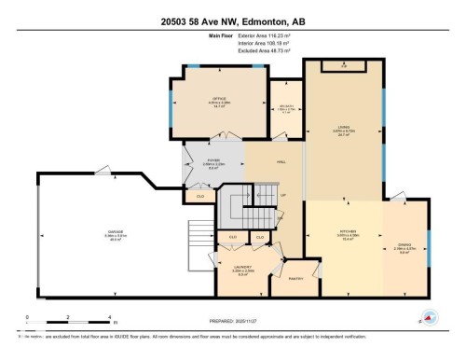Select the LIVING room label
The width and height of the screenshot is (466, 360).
[342, 130]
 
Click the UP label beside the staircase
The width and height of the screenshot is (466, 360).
[283, 195]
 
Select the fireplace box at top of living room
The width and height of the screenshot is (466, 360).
[343, 66]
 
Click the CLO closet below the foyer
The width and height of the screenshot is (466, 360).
[199, 196]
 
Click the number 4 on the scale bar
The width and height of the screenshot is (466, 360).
[110, 317]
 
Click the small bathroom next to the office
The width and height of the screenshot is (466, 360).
[284, 106]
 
